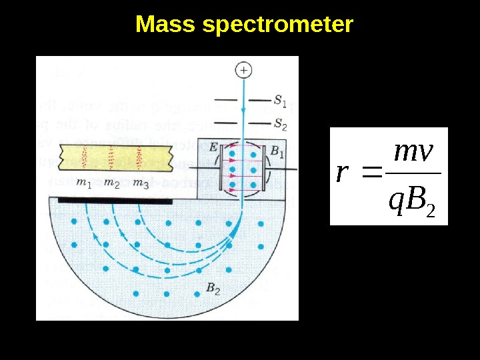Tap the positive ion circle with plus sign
click(x=245, y=69)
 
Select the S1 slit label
click(x=280, y=101)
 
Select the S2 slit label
click(x=280, y=123)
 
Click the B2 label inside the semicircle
click(x=213, y=289)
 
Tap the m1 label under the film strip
click(x=84, y=183)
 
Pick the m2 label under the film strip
click(x=112, y=183)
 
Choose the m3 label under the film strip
click(x=140, y=183)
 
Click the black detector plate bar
click(x=115, y=199)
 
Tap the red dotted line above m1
click(x=85, y=157)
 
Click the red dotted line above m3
click(x=139, y=157)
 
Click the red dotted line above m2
click(x=112, y=157)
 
